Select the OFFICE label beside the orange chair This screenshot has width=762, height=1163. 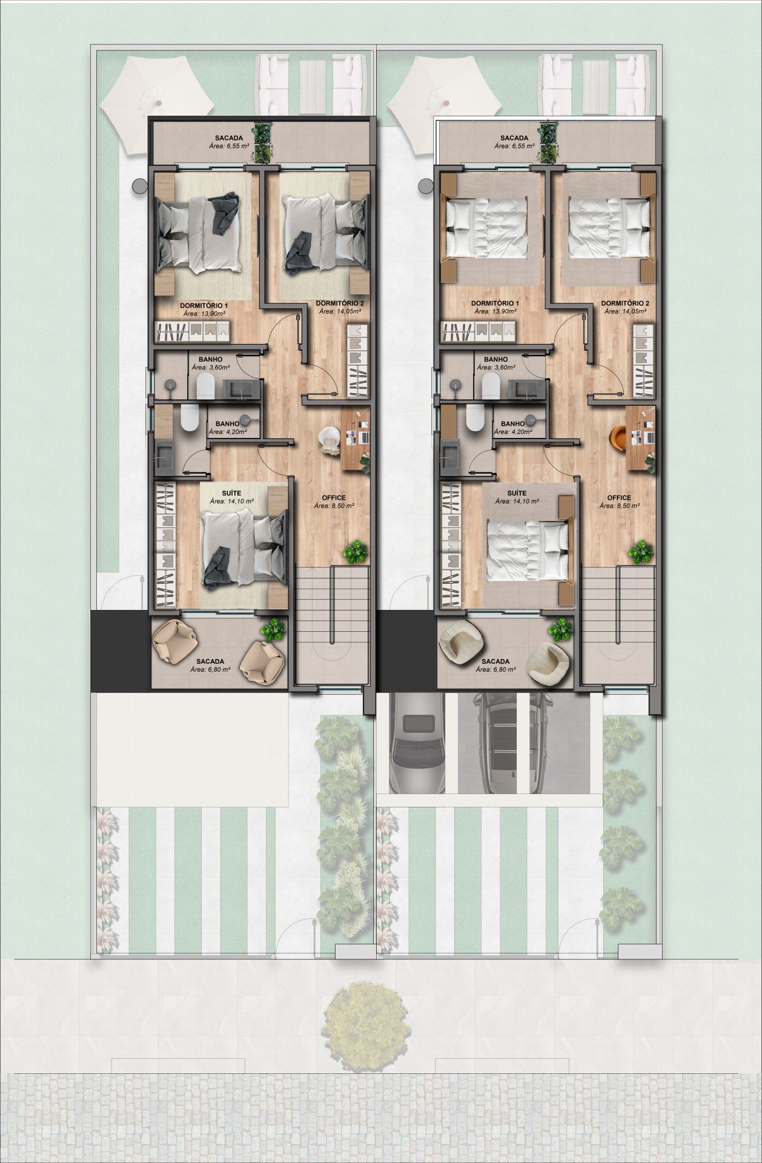pos(620,497)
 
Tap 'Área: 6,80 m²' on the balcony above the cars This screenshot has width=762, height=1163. pos(496,669)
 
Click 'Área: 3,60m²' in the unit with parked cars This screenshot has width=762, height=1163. pos(496,367)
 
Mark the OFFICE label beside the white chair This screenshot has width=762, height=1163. pos(334,497)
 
